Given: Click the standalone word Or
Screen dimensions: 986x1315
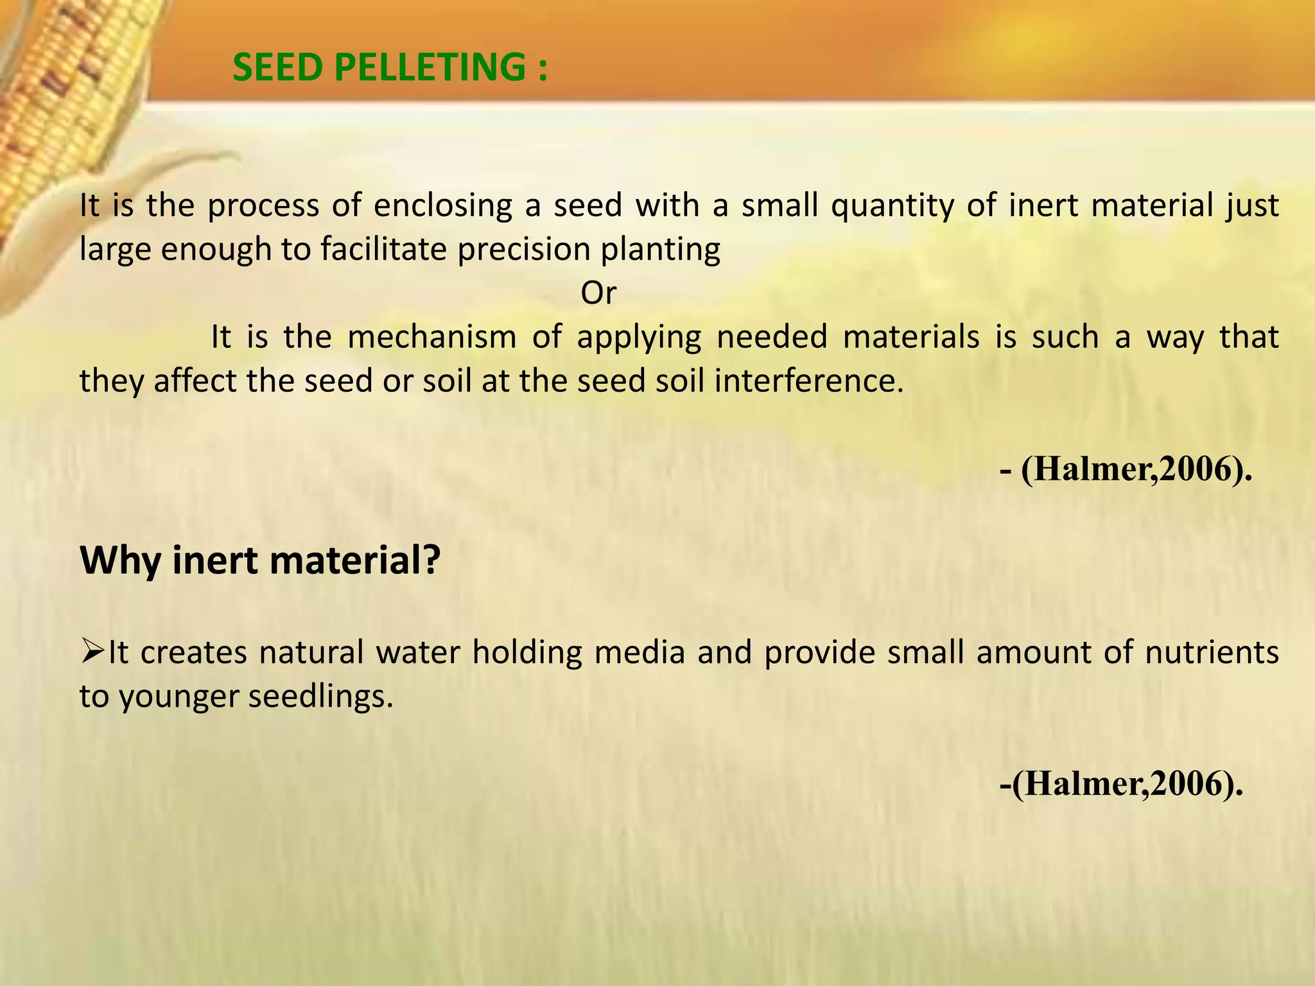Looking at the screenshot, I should pyautogui.click(x=598, y=293).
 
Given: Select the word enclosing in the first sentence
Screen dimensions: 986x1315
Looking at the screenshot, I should pyautogui.click(x=443, y=206).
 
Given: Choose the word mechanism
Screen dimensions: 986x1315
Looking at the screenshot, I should pyautogui.click(x=431, y=337).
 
